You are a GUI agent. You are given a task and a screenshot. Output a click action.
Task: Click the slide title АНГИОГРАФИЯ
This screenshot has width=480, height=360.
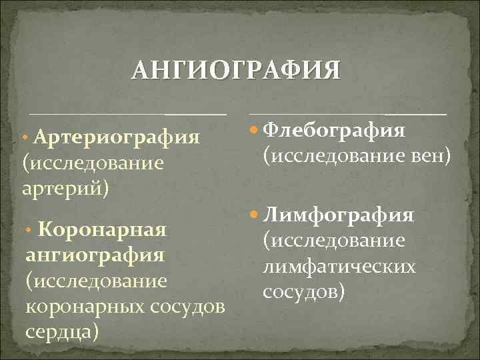click(236, 70)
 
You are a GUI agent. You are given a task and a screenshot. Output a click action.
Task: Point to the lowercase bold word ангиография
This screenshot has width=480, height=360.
click(95, 255)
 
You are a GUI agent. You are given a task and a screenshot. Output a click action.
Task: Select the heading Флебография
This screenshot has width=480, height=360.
click(334, 129)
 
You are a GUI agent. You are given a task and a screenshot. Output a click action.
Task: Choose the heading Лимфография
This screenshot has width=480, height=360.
click(339, 215)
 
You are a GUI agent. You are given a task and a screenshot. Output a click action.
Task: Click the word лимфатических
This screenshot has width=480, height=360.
click(339, 266)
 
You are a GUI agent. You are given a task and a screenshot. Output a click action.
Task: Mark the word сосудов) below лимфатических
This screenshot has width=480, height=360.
click(304, 291)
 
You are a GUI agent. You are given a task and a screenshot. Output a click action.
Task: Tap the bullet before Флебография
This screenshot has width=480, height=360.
click(254, 130)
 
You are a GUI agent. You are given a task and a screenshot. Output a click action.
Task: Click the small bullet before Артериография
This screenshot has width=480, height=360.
click(25, 137)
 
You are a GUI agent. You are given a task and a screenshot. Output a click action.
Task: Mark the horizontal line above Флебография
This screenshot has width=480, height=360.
click(347, 115)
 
